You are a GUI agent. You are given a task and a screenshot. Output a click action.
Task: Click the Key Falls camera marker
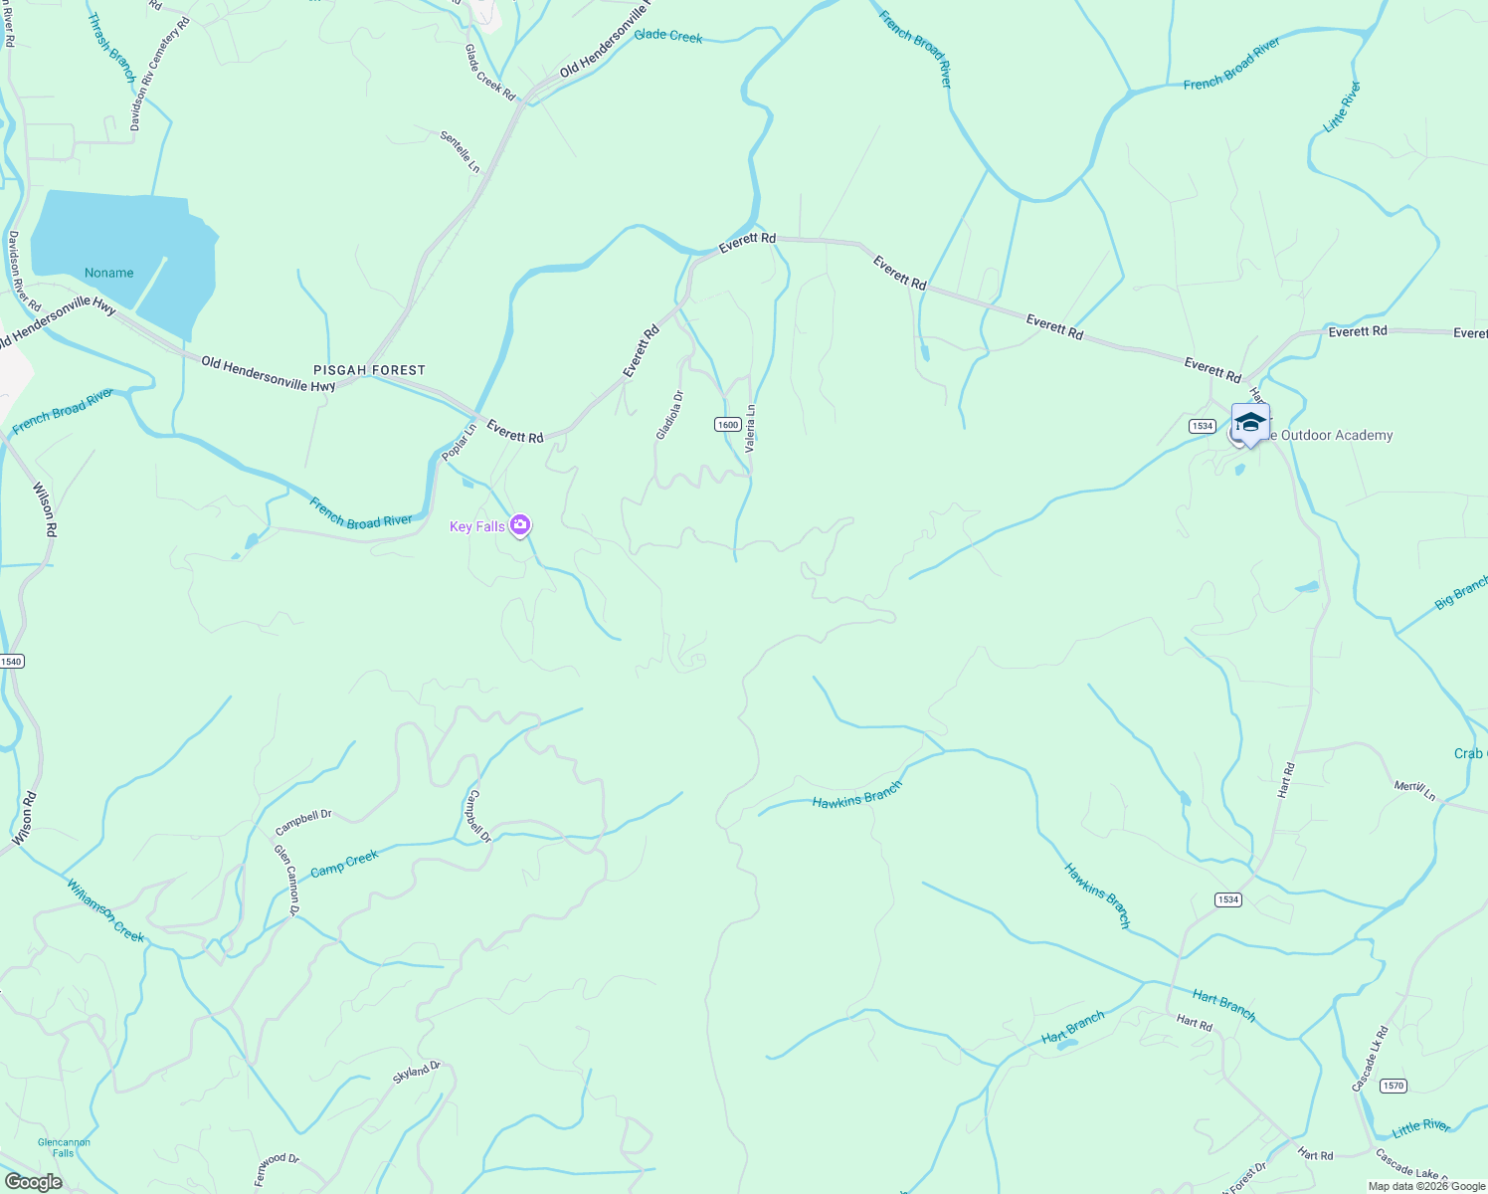click(x=519, y=525)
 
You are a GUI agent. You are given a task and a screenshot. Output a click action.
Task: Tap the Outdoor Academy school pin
click(x=1250, y=423)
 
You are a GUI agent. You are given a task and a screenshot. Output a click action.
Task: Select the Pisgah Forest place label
click(x=369, y=370)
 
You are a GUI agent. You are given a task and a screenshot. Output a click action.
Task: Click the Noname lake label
click(x=109, y=273)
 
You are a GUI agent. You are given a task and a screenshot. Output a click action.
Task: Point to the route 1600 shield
click(x=727, y=425)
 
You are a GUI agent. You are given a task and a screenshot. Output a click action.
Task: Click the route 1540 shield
click(x=11, y=662)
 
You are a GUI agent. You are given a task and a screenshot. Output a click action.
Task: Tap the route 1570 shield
click(x=1394, y=1086)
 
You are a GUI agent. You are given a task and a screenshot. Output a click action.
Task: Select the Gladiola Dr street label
click(x=669, y=415)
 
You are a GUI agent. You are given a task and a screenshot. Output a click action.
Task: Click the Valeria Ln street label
click(x=751, y=429)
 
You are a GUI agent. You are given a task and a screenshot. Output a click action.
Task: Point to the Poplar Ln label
click(x=459, y=442)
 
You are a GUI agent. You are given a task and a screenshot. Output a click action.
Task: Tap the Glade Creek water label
click(x=668, y=36)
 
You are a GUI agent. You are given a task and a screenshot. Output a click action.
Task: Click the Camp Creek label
click(x=344, y=864)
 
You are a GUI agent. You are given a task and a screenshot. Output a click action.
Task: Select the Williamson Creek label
click(x=105, y=909)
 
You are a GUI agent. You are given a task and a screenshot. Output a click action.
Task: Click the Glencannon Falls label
click(x=64, y=1147)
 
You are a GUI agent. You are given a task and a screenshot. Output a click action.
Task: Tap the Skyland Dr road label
click(x=416, y=1072)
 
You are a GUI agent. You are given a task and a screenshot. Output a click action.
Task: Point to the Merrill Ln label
click(x=1414, y=790)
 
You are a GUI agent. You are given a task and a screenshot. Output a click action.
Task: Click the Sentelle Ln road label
click(x=460, y=150)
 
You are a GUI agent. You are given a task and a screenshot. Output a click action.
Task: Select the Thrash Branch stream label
click(x=110, y=47)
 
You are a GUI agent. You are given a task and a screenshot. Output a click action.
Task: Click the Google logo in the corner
click(x=33, y=1182)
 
